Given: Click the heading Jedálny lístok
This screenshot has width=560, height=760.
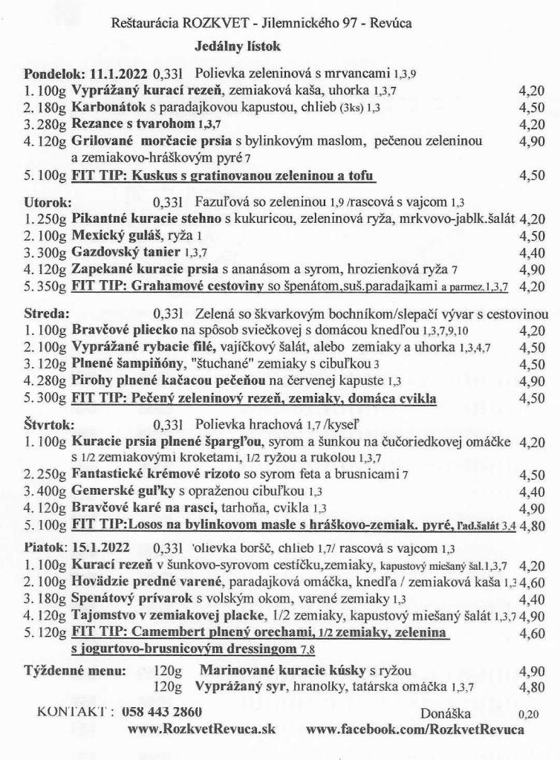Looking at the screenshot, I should pyautogui.click(x=234, y=46).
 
